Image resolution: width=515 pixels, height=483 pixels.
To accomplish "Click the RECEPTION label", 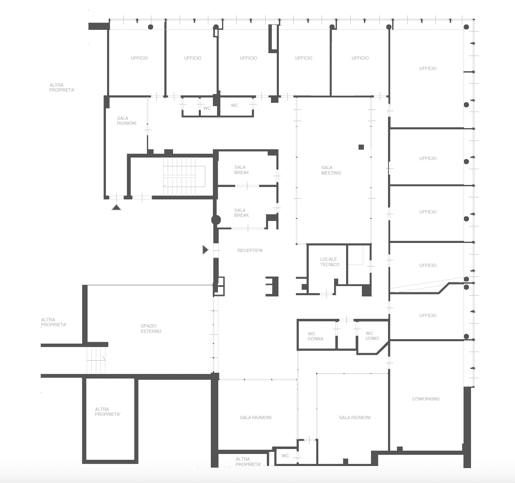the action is [250, 250].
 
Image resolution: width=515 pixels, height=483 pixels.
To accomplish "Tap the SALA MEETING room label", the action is [331, 170].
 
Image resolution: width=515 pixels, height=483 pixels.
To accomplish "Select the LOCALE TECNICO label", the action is [330, 262].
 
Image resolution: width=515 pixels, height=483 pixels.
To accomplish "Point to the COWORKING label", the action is [426, 399].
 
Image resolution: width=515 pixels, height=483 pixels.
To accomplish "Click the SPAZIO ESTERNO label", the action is [151, 328].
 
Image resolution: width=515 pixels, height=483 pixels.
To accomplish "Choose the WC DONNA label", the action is [315, 336].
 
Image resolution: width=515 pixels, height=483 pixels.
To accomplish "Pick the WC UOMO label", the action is [372, 336].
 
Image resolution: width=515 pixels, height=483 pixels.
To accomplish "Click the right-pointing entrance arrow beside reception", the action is [205, 250].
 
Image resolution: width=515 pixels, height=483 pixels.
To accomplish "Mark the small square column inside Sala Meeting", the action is [361, 147].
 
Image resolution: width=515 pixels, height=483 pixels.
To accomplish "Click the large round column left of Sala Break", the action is [216, 220].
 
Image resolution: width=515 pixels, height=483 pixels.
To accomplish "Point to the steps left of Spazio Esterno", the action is [96, 360].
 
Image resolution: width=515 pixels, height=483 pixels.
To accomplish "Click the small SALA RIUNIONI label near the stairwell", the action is [127, 121].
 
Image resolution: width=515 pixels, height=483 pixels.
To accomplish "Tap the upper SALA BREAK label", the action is [242, 170].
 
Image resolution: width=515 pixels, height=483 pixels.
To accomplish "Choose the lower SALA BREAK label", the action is [242, 213].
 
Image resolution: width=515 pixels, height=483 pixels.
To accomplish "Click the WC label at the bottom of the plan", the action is [285, 456].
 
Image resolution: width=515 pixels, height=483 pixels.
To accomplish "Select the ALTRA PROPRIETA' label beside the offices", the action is [62, 87].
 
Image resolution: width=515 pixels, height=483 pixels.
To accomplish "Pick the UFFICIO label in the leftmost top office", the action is [139, 58].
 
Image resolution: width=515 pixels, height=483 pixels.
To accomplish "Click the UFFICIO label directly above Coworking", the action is [428, 316].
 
